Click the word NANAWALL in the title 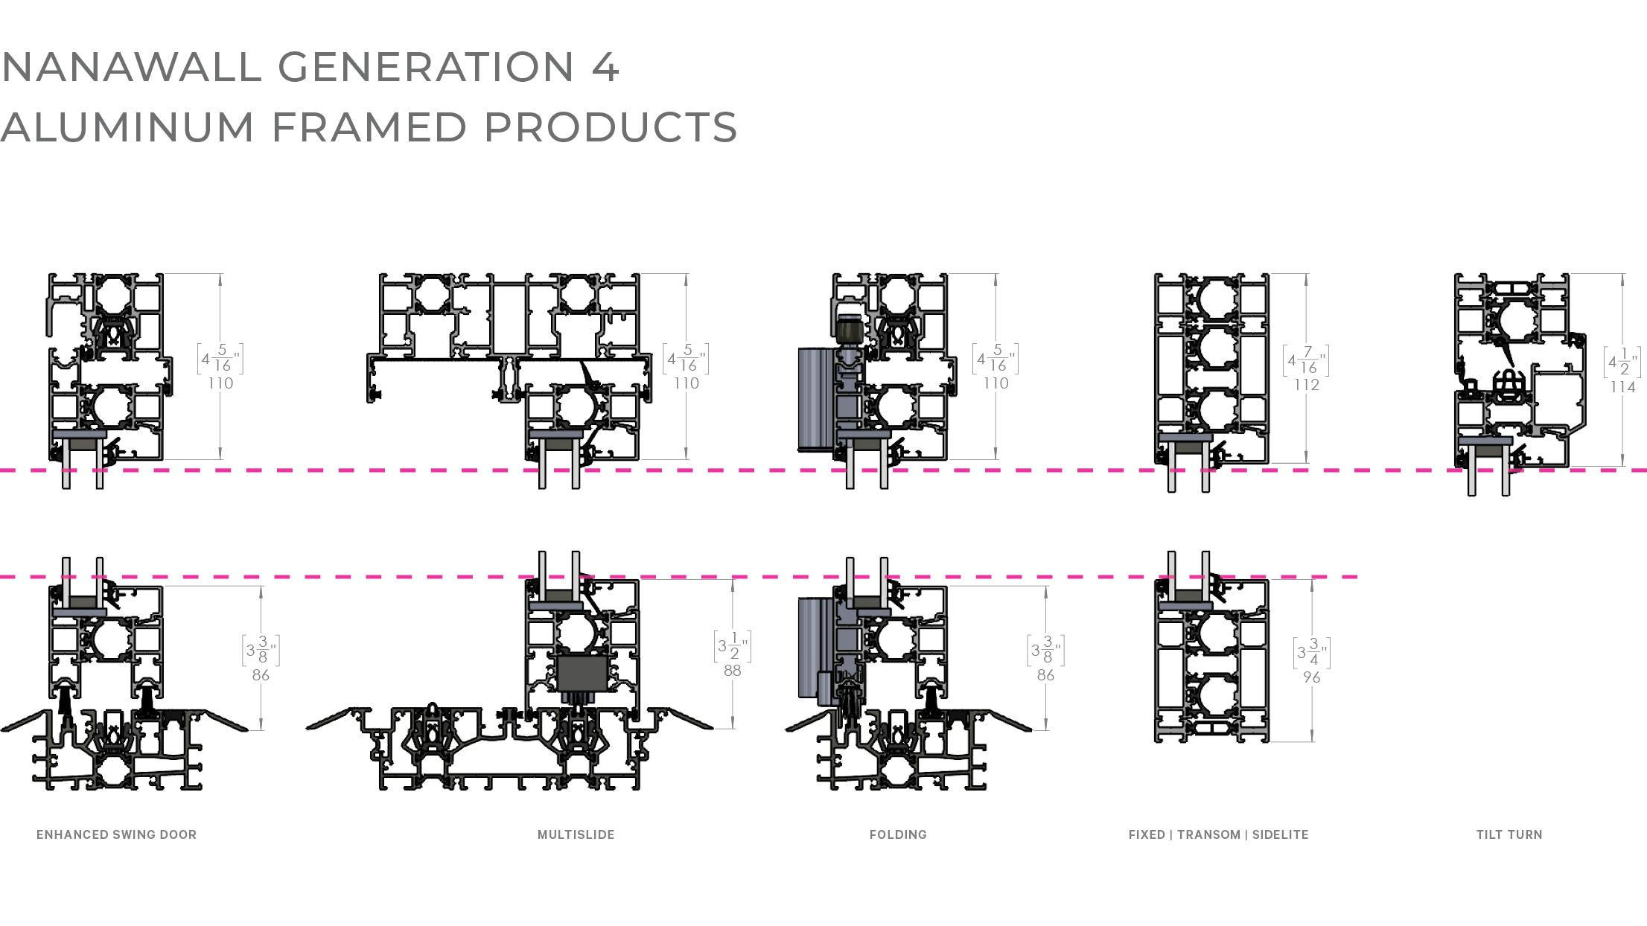coord(132,67)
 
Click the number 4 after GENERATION coord(605,67)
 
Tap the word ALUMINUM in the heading coord(127,127)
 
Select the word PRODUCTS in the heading coord(611,127)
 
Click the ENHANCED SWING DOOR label coord(116,834)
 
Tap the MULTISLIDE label coord(576,834)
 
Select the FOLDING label coord(898,834)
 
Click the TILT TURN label coord(1509,834)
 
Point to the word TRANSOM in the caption coord(1208,834)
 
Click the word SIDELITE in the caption coord(1280,834)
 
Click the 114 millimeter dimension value coord(1622,386)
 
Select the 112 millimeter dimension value coord(1306,384)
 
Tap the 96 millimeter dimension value coord(1311,677)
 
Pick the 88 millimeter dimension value coord(732,670)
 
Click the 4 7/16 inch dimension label coord(1306,360)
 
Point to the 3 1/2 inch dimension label coord(732,646)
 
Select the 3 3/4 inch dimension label coord(1311,653)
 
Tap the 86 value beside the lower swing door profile coord(261,674)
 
